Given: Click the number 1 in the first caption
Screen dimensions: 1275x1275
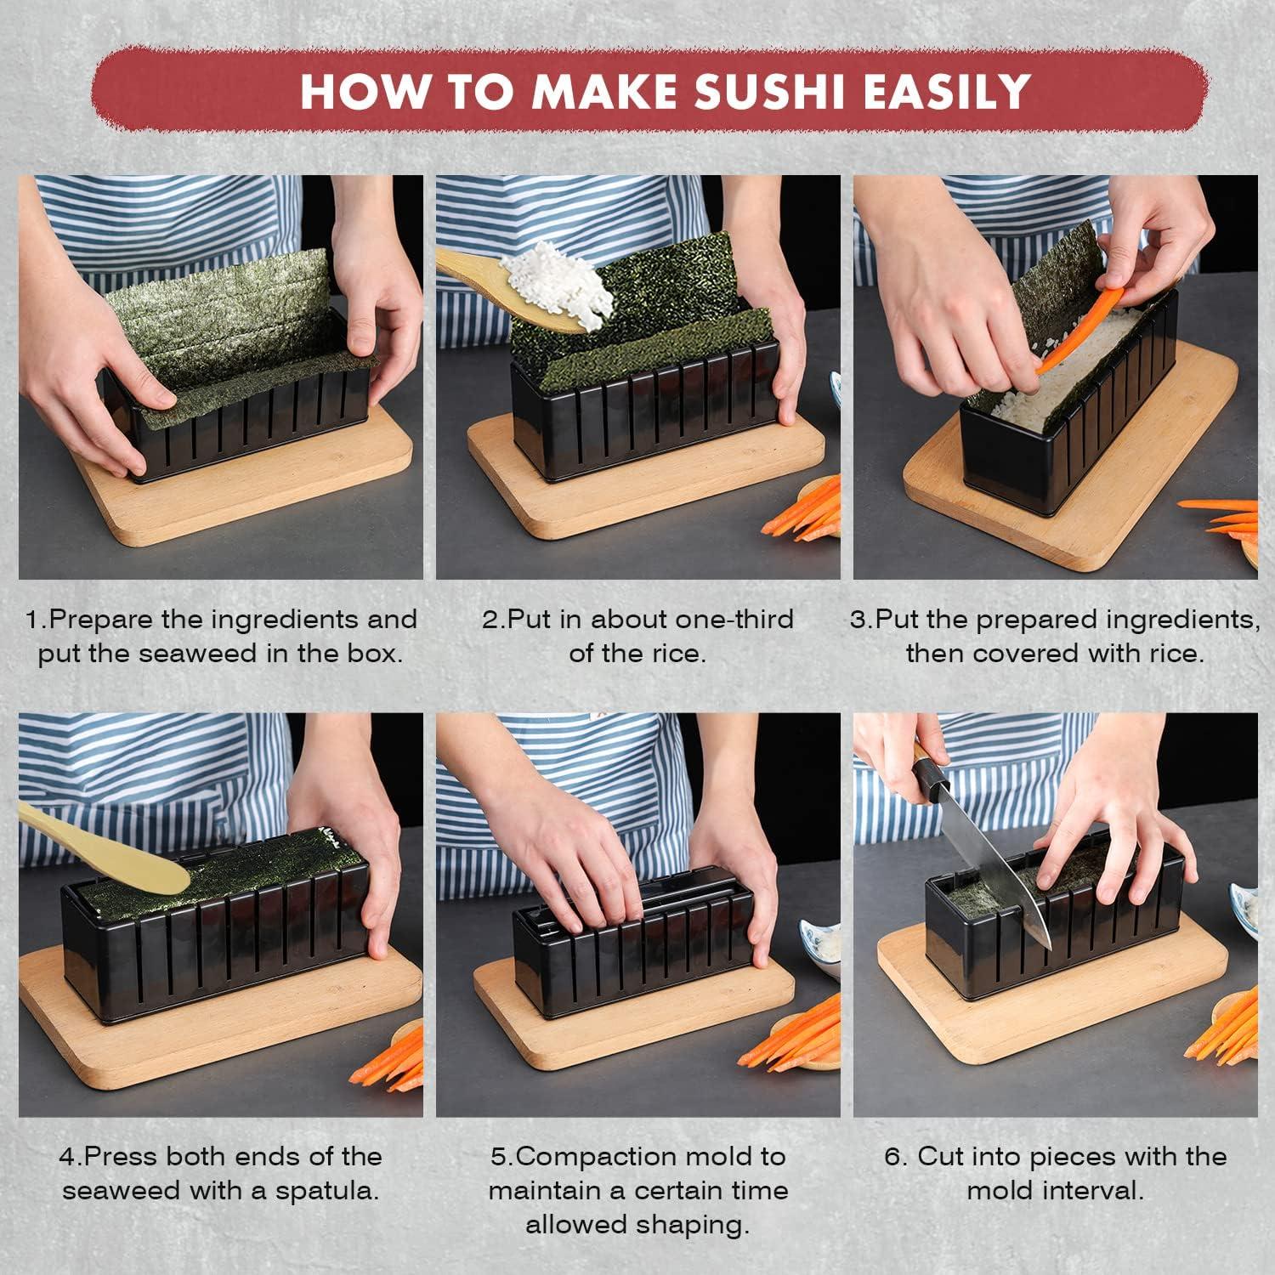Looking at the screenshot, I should [x=32, y=619].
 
